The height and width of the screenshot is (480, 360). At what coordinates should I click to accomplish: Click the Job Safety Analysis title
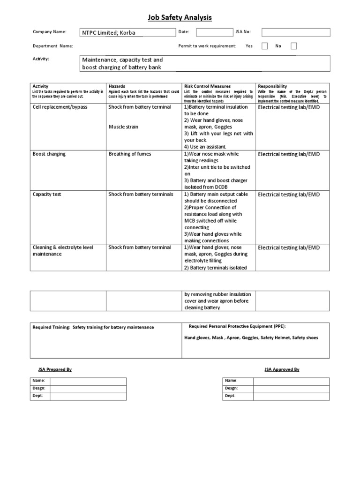coord(180,18)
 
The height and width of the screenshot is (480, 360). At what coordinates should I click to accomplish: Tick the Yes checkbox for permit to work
coord(265,46)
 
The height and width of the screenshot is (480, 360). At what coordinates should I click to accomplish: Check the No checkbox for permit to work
coord(294,46)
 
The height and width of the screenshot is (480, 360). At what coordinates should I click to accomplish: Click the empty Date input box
coord(214,32)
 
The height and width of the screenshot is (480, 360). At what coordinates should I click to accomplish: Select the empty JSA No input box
coord(295,32)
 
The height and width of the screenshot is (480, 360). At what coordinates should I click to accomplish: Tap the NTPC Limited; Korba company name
coord(109,33)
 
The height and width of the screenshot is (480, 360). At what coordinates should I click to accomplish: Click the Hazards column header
coord(117,86)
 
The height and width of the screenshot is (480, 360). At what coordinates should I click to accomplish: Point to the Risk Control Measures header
coord(207,86)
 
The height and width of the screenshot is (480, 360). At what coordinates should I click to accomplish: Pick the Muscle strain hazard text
coord(124,127)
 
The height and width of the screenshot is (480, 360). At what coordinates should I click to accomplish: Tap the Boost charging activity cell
coord(49,154)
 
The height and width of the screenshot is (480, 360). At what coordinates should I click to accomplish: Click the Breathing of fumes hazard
coord(130,154)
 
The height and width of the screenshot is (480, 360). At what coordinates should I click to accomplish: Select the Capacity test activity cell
coord(47,194)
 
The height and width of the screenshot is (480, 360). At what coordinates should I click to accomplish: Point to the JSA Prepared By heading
coord(55,369)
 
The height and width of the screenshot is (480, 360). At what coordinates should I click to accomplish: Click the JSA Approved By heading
coord(282,369)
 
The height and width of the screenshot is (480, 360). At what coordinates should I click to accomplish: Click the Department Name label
coord(53,46)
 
